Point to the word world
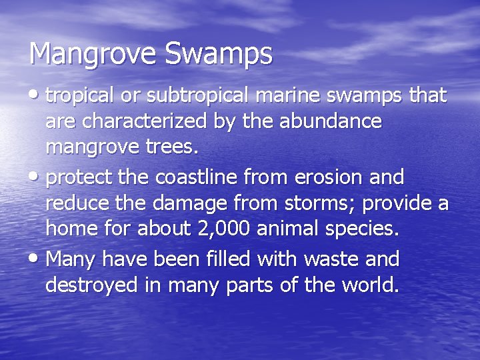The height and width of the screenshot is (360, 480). [x=367, y=285]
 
